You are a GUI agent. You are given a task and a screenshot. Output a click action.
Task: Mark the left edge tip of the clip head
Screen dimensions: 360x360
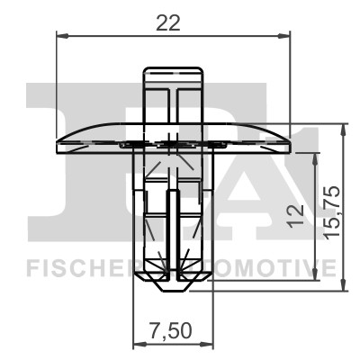[x=58, y=141]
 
